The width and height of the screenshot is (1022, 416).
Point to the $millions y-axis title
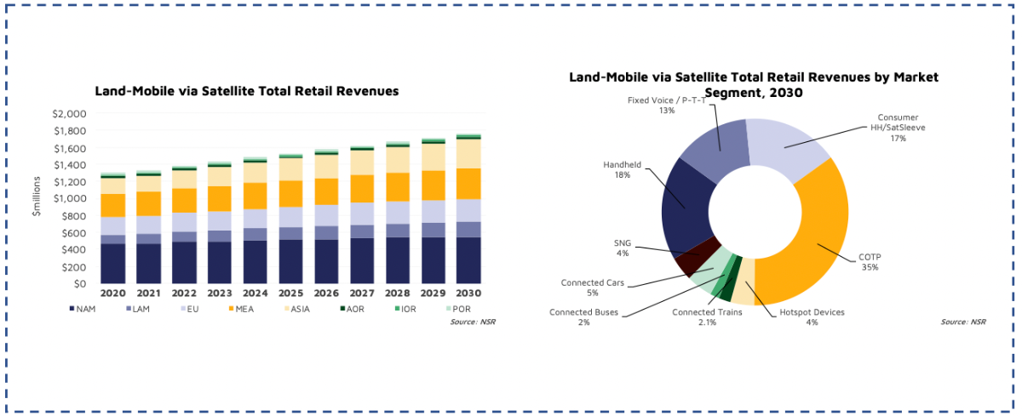click(x=37, y=198)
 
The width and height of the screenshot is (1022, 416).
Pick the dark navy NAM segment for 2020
click(x=113, y=263)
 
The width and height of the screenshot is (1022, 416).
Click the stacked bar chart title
click(x=247, y=89)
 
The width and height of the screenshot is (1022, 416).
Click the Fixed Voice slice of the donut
click(x=719, y=141)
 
